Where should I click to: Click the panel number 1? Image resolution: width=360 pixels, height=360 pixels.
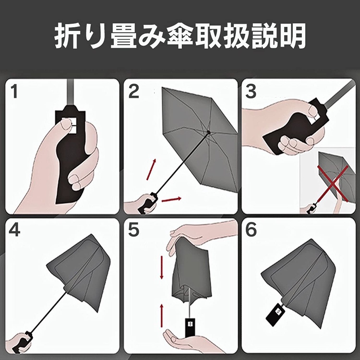[x=14, y=91]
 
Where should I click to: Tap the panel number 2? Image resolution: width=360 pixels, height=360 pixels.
[x=134, y=91]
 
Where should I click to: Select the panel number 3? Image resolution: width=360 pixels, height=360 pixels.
[x=251, y=91]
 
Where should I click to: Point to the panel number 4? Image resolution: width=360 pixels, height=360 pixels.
[x=14, y=230]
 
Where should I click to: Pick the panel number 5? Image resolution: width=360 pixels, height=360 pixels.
[x=134, y=230]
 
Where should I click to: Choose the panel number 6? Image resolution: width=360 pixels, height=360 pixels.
[x=251, y=230]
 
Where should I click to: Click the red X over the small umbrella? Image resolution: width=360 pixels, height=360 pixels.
[x=333, y=184]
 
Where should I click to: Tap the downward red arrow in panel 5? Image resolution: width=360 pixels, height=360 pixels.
[x=162, y=268]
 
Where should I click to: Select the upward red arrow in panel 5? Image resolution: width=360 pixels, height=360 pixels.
[x=162, y=316]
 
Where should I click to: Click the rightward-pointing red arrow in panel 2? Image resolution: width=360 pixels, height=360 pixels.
[x=172, y=199]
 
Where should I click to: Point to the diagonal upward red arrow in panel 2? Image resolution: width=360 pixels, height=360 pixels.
[x=151, y=169]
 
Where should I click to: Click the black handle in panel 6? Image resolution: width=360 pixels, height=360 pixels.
[x=276, y=315]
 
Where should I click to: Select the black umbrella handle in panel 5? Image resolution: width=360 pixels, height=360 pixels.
[x=190, y=327]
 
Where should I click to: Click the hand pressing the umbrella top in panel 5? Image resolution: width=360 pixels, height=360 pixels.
[x=198, y=237]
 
